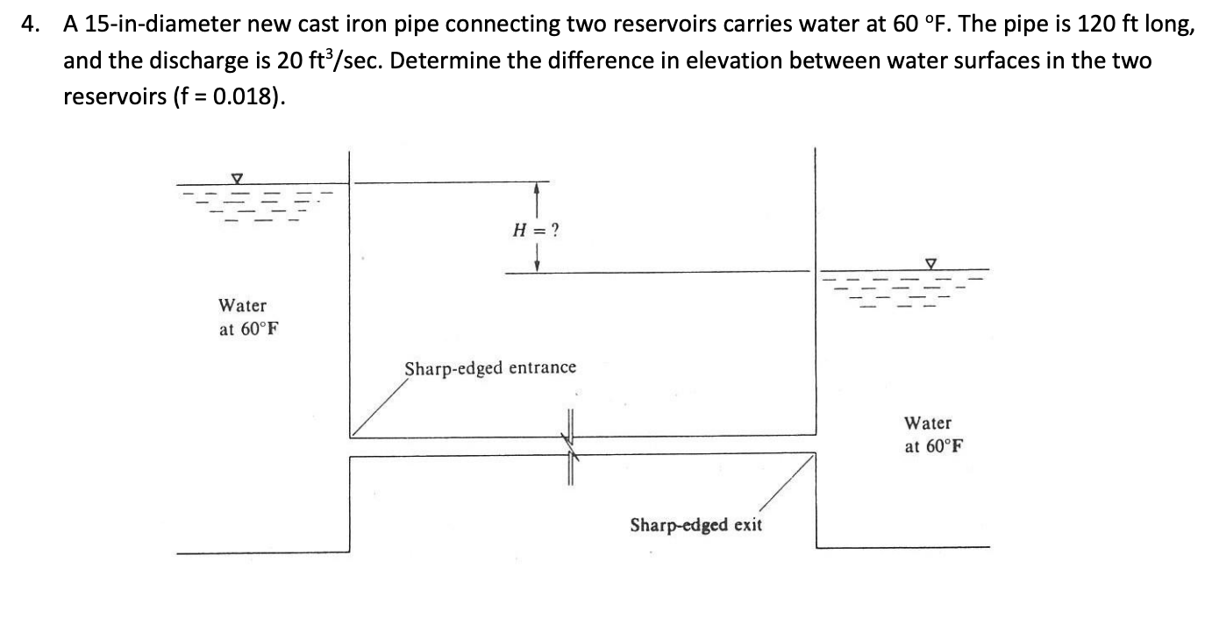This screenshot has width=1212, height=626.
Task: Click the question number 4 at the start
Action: [x=30, y=25]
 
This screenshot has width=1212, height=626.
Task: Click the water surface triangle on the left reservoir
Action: [x=235, y=178]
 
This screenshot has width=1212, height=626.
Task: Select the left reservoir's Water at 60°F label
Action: [x=243, y=317]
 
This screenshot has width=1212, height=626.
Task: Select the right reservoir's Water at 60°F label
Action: [x=929, y=434]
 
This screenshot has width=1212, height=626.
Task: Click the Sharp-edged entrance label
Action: [x=490, y=367]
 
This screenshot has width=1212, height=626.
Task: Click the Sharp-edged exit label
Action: [x=695, y=525]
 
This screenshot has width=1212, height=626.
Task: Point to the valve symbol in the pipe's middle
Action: [x=571, y=446]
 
